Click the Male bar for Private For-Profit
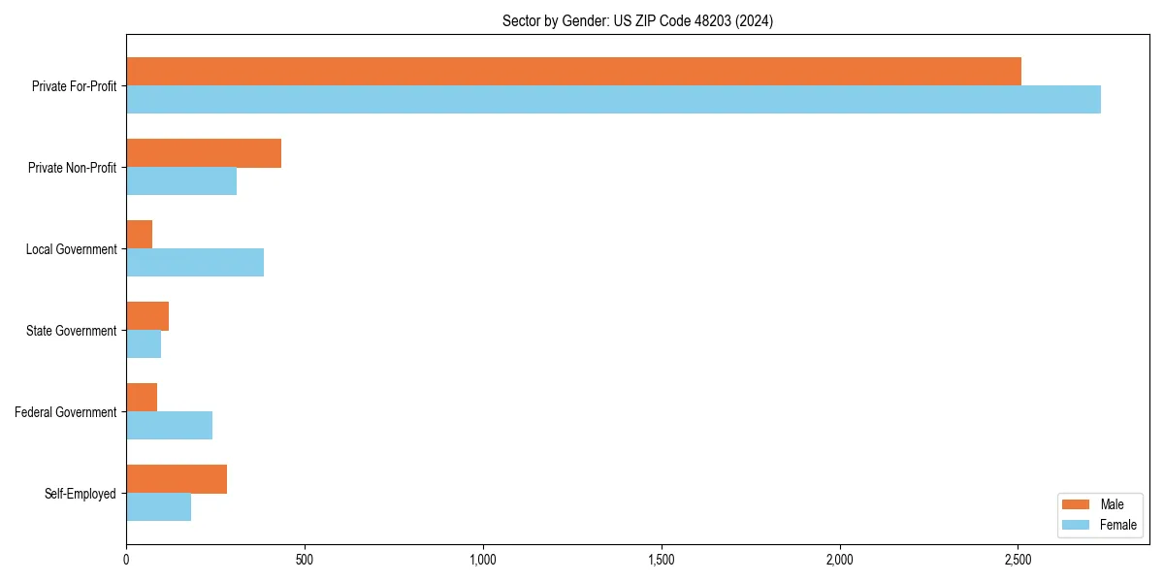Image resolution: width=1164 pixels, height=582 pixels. (573, 72)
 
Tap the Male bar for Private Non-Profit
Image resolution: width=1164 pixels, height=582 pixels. (204, 153)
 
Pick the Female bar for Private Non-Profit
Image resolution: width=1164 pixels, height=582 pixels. (181, 181)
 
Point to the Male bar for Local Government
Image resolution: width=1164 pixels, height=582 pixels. (140, 235)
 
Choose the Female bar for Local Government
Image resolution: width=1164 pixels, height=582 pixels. (195, 263)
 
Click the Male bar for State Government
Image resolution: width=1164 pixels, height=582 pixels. (147, 316)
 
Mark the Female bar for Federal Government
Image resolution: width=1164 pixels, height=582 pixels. (169, 426)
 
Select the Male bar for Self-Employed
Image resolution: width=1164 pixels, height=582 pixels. (177, 479)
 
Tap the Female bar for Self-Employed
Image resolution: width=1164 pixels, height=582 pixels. (158, 507)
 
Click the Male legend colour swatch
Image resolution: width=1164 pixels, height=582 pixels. (1076, 504)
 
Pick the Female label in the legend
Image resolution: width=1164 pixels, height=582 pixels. (1118, 525)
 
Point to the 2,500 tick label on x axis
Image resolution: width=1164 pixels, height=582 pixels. (1018, 560)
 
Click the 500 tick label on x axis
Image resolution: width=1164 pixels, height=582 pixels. (305, 560)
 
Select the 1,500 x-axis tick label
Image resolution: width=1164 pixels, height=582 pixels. (661, 560)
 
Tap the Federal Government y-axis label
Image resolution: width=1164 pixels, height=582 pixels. (66, 412)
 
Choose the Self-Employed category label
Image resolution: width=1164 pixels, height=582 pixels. (81, 494)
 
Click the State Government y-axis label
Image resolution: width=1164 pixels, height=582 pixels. (72, 331)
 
